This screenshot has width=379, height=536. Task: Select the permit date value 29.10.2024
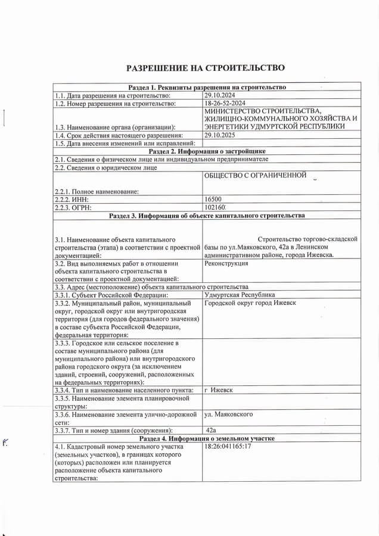click(x=220, y=95)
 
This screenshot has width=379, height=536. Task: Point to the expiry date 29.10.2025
click(x=220, y=135)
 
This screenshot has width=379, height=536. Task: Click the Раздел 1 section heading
click(x=207, y=88)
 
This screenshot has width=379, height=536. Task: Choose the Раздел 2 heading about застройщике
click(x=207, y=151)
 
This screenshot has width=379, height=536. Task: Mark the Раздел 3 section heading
click(x=207, y=216)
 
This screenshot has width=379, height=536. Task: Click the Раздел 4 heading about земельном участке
click(x=207, y=438)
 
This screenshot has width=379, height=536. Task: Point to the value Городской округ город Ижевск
click(x=250, y=303)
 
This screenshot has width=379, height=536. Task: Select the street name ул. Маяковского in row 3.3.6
click(x=228, y=414)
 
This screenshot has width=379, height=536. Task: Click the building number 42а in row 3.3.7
click(x=210, y=430)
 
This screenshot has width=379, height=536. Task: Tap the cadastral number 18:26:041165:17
click(x=228, y=446)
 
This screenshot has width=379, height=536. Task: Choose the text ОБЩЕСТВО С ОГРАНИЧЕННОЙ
click(x=255, y=175)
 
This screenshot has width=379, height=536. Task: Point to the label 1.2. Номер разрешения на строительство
click(x=116, y=103)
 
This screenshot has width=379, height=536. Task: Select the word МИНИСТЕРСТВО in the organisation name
click(x=232, y=111)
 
